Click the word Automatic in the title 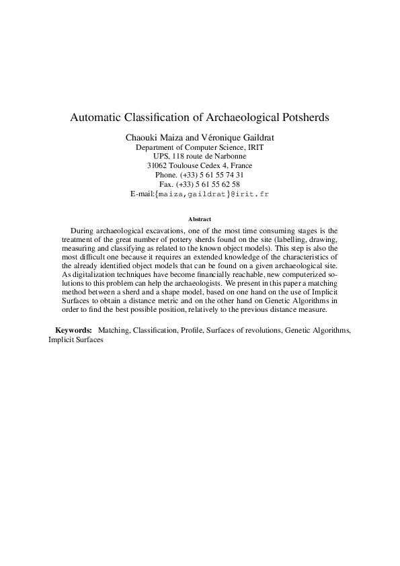click(93, 117)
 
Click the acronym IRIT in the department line click(255, 147)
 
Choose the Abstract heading click(200, 219)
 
